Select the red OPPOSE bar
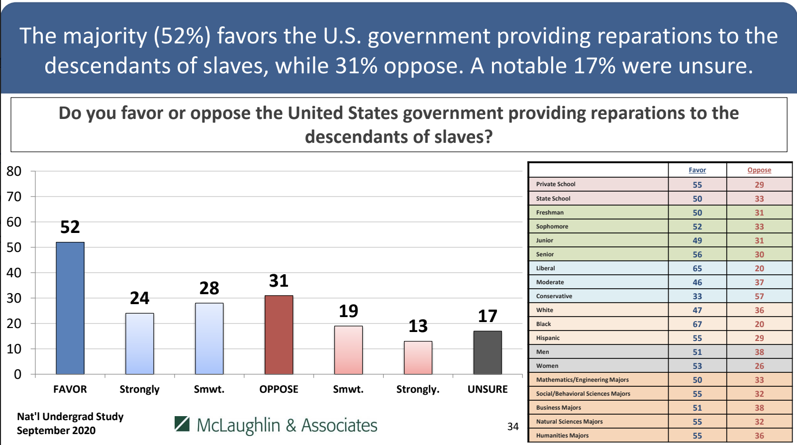point(279,334)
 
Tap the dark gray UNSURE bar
point(488,352)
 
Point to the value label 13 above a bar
point(418,326)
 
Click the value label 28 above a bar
point(209,288)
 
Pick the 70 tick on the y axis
point(14,197)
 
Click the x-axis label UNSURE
point(488,389)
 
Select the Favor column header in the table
point(697,170)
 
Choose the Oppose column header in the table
point(759,170)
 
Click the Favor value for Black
point(697,324)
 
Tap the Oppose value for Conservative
point(759,296)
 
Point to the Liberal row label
point(545,268)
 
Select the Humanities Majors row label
point(562,436)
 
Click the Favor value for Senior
point(697,254)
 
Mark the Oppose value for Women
point(759,366)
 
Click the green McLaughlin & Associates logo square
point(182,424)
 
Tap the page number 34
point(513,427)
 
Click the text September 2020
point(56,431)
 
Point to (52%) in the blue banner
point(182,36)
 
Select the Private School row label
point(556,184)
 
